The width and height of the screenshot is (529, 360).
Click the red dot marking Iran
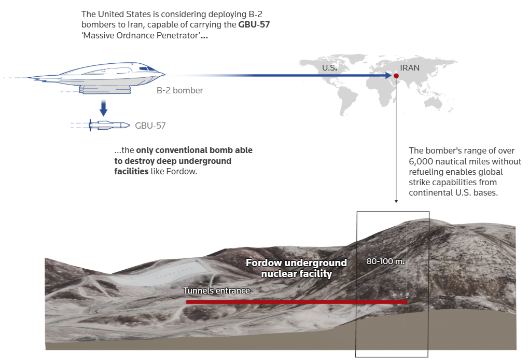pyautogui.click(x=396, y=76)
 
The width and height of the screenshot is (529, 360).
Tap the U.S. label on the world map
pyautogui.click(x=329, y=68)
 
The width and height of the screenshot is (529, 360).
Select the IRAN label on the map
pyautogui.click(x=410, y=68)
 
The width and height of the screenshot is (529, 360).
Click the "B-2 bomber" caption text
pyautogui.click(x=179, y=91)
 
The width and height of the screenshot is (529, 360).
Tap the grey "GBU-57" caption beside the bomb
pyautogui.click(x=150, y=126)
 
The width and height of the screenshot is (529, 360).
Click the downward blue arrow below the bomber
pyautogui.click(x=103, y=108)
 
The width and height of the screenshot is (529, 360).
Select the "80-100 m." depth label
pyautogui.click(x=385, y=261)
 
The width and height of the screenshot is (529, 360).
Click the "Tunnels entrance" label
pyautogui.click(x=216, y=290)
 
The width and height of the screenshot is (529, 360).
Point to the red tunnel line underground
pyautogui.click(x=296, y=301)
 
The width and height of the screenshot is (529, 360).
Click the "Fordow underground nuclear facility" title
pyautogui.click(x=296, y=268)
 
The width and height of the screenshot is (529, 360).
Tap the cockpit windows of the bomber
pyautogui.click(x=147, y=68)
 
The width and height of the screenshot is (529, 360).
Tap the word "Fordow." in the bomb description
pyautogui.click(x=182, y=172)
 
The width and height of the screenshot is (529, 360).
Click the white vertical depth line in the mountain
pyautogui.click(x=407, y=259)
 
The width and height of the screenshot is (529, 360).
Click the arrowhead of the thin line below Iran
pyautogui.click(x=396, y=200)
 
